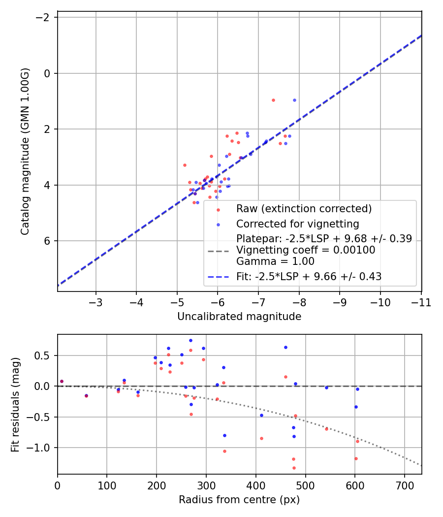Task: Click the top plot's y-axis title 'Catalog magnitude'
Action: (x=26, y=151)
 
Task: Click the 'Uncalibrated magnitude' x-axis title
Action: (x=239, y=317)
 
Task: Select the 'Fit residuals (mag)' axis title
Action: (x=16, y=404)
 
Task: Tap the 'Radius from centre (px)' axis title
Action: (x=239, y=500)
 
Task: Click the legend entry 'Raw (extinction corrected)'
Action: (x=304, y=208)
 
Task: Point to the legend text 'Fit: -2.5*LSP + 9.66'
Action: (x=309, y=277)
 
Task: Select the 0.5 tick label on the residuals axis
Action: (x=44, y=355)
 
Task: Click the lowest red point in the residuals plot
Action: (x=294, y=468)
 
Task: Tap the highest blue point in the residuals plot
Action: (x=190, y=340)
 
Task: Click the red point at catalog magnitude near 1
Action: (x=273, y=100)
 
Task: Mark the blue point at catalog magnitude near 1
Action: (x=294, y=100)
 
